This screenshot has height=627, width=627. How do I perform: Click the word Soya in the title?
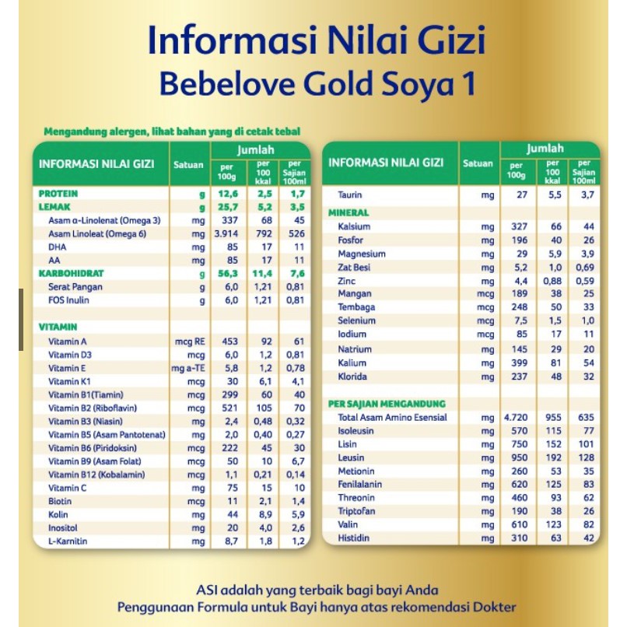(x=395, y=83)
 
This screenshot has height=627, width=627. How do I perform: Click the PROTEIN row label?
(x=58, y=193)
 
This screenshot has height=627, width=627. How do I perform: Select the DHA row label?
(x=58, y=247)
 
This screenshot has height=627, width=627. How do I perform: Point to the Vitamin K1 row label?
(x=70, y=381)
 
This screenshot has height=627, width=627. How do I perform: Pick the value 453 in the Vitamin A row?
(x=228, y=342)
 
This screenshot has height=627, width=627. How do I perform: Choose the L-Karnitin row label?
(x=68, y=541)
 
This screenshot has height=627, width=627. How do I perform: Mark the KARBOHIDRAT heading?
(x=71, y=274)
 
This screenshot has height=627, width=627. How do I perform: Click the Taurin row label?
(x=350, y=194)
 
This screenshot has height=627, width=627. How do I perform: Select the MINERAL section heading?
(x=349, y=212)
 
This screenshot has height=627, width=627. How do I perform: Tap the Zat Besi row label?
(x=355, y=267)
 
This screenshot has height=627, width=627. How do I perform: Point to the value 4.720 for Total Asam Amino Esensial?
(x=516, y=418)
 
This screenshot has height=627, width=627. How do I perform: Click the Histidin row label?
(x=354, y=538)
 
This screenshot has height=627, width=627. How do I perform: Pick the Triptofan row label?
(x=356, y=511)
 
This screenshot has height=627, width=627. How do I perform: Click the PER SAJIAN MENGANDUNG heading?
(x=387, y=404)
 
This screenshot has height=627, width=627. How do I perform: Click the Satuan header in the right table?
(x=478, y=163)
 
